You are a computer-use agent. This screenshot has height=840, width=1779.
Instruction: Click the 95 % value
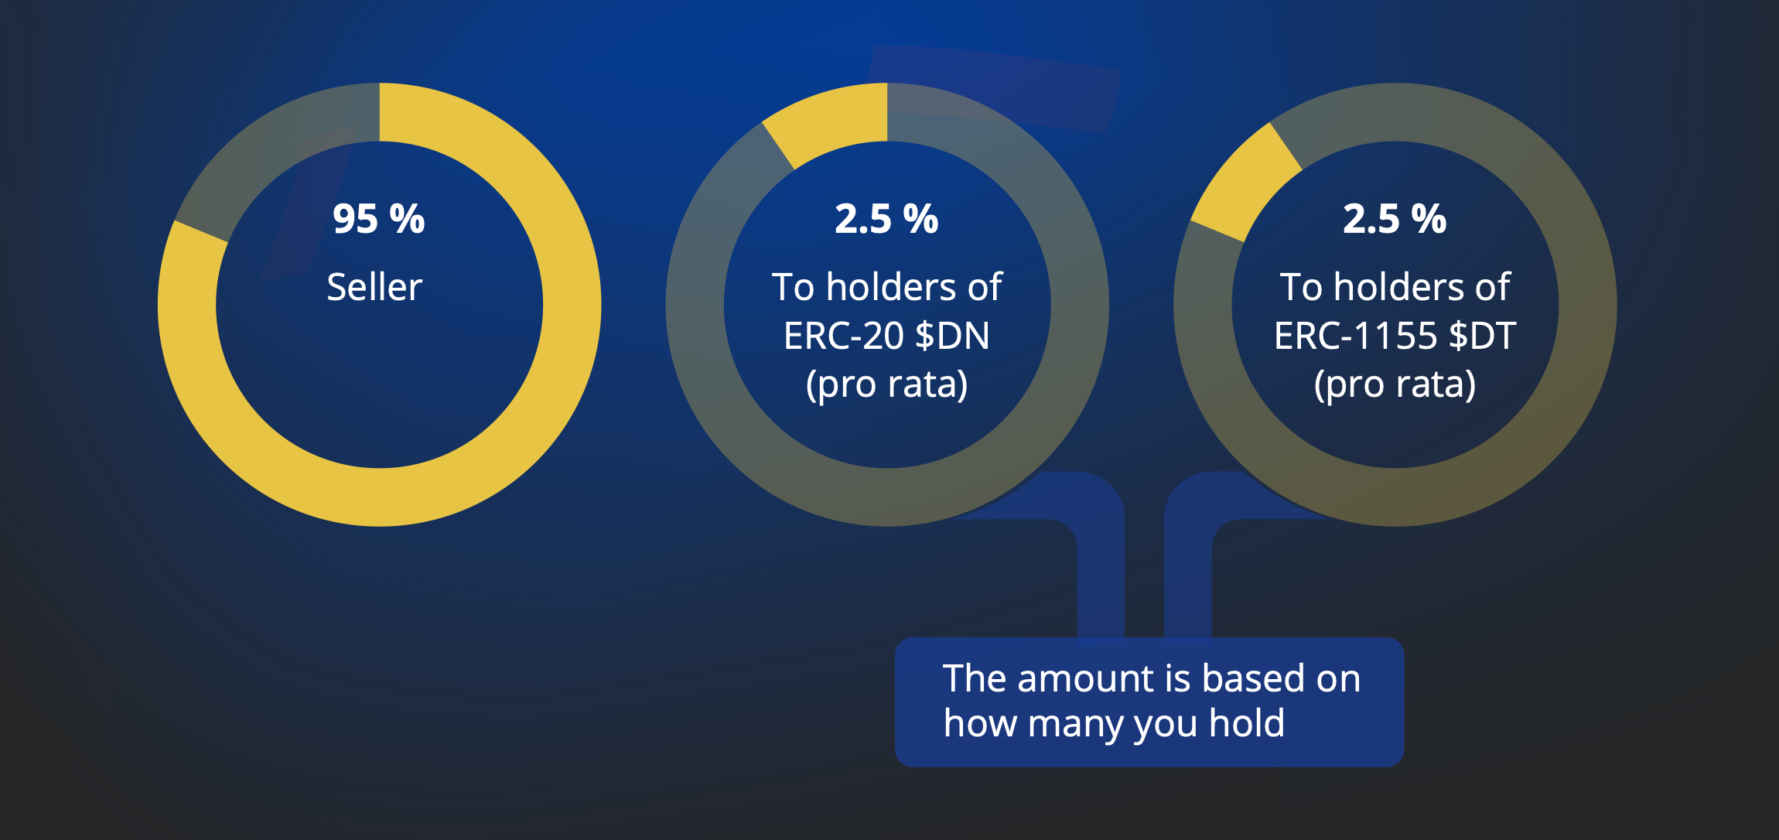pos(378,219)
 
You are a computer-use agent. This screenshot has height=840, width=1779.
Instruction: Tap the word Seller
pos(374,287)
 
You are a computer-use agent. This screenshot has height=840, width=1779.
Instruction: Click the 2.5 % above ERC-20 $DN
pos(886,219)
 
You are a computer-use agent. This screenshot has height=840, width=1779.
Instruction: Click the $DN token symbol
pos(952,336)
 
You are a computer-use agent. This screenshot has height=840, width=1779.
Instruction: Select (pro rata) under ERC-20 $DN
pos(886,384)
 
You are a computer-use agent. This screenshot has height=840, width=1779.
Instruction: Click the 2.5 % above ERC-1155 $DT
pos(1395,219)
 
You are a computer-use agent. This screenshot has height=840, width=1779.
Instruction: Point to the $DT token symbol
pos(1482,336)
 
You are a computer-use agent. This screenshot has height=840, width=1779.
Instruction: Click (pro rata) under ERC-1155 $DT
pos(1395,384)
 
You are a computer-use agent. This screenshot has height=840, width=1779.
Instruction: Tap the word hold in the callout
pos(1247,723)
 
